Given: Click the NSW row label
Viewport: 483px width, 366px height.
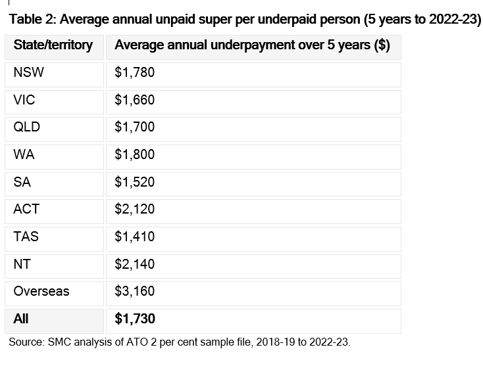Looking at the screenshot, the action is [x=29, y=72].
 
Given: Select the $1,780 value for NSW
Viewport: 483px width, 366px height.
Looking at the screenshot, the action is [x=135, y=73].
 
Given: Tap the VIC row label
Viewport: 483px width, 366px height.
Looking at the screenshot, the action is [x=24, y=100].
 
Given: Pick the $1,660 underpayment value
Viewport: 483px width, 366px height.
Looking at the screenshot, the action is [x=135, y=101].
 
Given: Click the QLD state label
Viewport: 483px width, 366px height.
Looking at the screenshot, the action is [x=27, y=127].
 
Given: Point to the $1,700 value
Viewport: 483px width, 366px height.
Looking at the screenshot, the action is [x=135, y=127].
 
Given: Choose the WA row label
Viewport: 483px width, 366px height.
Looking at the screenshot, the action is [x=24, y=154].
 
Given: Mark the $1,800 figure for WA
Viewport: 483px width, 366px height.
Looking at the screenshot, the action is [x=135, y=154].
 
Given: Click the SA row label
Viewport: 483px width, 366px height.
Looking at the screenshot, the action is [x=22, y=182].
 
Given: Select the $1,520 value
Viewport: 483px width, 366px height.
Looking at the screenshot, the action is [x=135, y=183].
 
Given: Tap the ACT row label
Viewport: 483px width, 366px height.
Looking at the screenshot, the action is [x=26, y=209].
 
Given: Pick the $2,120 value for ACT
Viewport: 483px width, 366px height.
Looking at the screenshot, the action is [x=135, y=210].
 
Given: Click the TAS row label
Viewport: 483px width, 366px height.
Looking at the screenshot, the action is [x=26, y=237].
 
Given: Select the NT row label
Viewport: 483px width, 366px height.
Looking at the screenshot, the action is [x=22, y=264].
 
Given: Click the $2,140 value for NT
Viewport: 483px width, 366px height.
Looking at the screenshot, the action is [x=135, y=265].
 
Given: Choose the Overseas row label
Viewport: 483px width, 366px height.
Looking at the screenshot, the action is [x=41, y=291].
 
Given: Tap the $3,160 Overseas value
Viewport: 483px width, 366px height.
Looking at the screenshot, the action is [x=135, y=292].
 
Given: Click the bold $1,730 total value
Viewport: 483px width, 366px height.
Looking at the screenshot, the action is [x=135, y=319].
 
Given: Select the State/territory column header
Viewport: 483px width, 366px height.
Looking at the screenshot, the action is [x=53, y=45].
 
